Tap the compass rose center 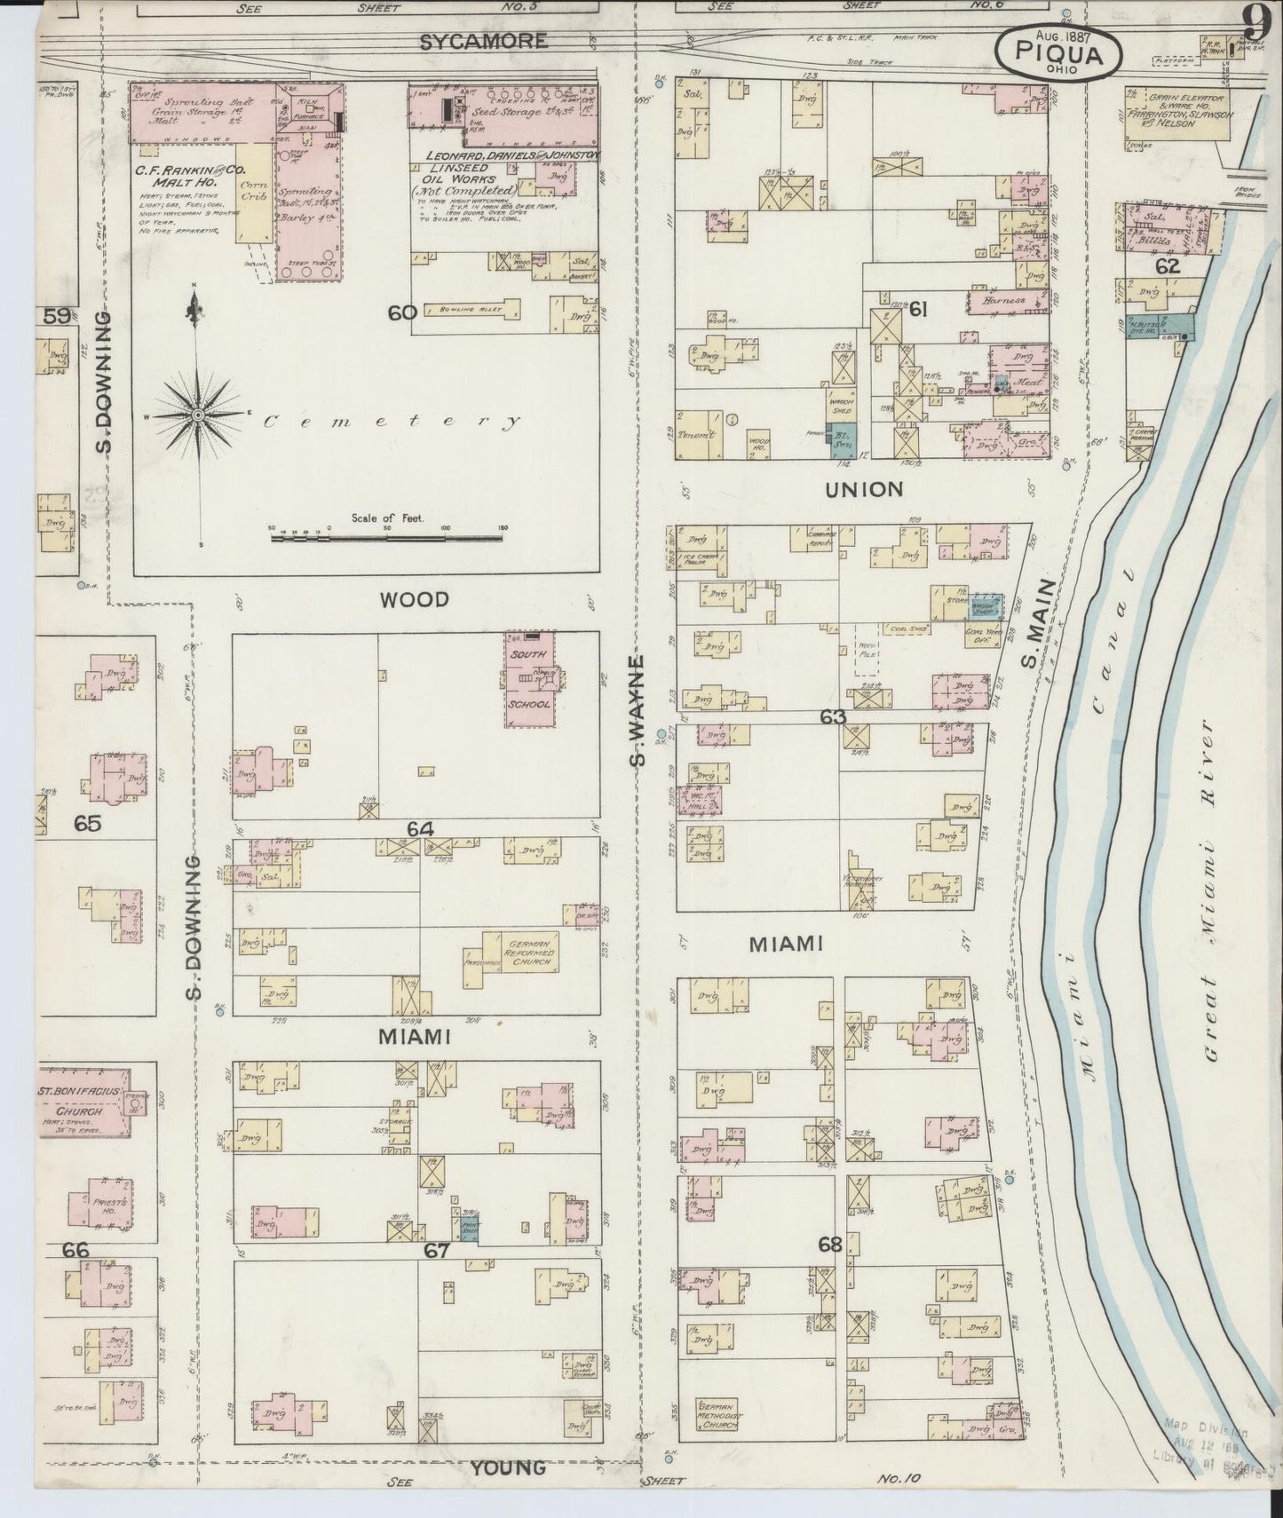coord(197,415)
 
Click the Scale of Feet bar coord(386,535)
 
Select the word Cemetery coord(391,423)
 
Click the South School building coord(530,679)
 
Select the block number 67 coord(438,1251)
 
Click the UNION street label coord(863,489)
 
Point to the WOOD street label coord(414,600)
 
